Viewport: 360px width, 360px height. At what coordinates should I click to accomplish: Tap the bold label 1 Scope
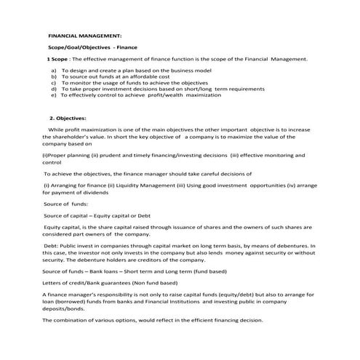58,58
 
